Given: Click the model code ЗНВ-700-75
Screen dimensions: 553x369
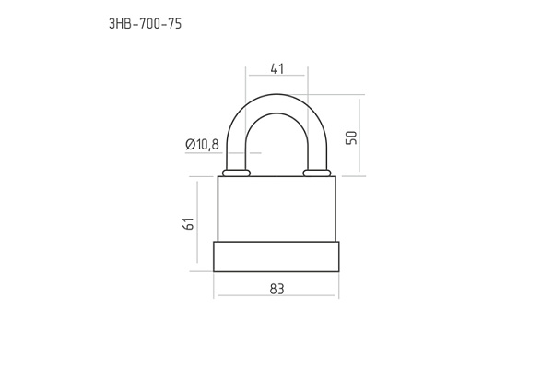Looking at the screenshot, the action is (x=145, y=24).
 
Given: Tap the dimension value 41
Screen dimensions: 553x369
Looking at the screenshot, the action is (x=276, y=68).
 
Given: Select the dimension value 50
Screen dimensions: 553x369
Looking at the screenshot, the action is (x=351, y=137).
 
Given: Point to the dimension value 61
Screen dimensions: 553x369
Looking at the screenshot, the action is (x=189, y=223).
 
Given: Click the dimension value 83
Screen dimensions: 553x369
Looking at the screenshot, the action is (x=276, y=289).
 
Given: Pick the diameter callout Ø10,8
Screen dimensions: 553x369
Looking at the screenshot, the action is (x=202, y=144).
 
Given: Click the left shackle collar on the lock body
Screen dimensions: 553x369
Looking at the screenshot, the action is (x=236, y=173).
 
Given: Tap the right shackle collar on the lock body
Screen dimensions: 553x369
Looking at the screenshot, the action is (x=317, y=173).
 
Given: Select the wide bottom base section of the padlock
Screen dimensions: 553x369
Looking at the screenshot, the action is (x=276, y=256).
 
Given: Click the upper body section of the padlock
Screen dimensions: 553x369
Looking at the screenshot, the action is (x=276, y=208).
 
